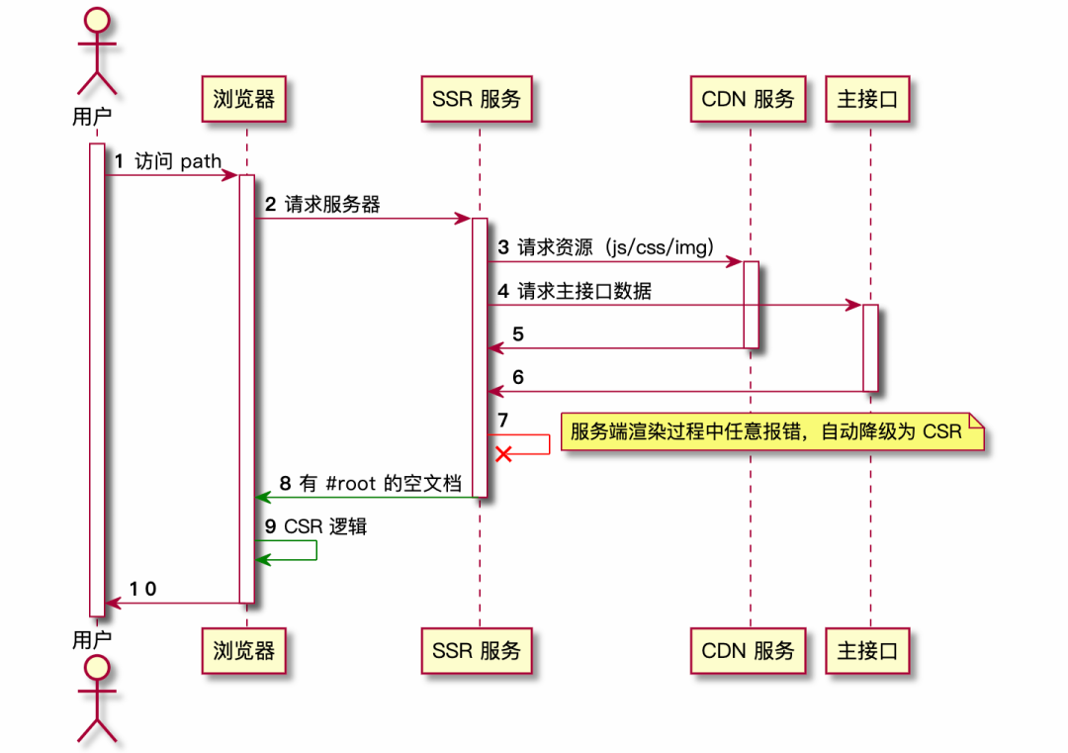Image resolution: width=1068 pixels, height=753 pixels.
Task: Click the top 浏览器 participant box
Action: click(243, 98)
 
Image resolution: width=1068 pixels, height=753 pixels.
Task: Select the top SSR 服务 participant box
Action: click(476, 98)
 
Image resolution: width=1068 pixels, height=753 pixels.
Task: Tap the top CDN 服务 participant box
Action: click(748, 98)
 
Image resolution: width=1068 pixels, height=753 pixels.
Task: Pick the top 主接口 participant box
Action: click(867, 98)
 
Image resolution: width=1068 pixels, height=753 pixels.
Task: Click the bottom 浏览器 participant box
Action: click(243, 650)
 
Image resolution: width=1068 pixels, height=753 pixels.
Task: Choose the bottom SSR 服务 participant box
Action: click(476, 650)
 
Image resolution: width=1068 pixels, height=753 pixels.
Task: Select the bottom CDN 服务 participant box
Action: click(748, 650)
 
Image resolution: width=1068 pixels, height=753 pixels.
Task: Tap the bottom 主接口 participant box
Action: click(867, 650)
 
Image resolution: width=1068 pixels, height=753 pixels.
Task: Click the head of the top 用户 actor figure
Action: click(97, 19)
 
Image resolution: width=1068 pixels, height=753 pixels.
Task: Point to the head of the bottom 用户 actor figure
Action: click(97, 669)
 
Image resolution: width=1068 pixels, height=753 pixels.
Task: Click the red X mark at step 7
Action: click(503, 453)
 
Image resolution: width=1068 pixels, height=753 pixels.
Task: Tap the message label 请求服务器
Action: click(332, 205)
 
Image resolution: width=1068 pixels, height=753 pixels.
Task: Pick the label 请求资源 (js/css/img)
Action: click(615, 247)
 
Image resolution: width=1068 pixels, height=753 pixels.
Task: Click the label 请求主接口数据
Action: click(584, 291)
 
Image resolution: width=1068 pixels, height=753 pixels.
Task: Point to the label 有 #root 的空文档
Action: click(380, 483)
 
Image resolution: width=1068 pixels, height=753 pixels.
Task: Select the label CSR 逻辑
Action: click(325, 526)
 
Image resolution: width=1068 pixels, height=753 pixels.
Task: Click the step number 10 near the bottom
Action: click(143, 589)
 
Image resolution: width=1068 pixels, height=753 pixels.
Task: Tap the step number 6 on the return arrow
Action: click(518, 377)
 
